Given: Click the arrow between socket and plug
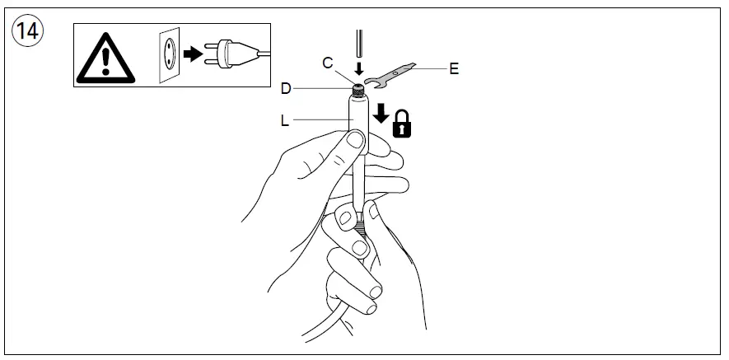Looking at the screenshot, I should tap(193, 54).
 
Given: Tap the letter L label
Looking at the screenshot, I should tap(284, 121).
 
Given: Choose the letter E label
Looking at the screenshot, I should tap(454, 69).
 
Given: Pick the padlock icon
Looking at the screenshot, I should tap(402, 124).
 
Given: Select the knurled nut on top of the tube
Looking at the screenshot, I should tap(358, 87).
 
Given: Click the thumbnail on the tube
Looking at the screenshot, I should tap(353, 146).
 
